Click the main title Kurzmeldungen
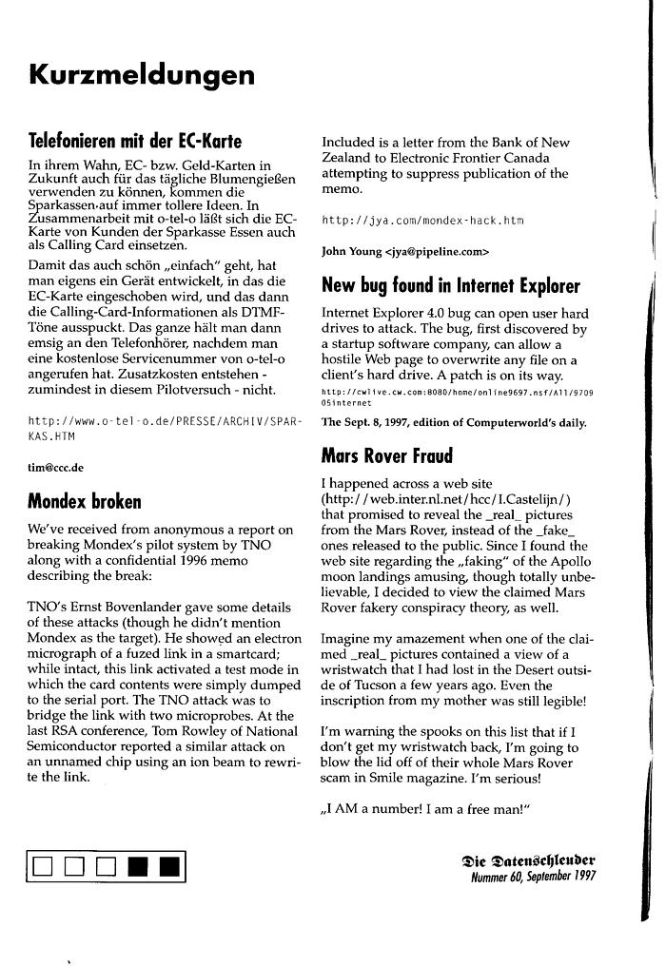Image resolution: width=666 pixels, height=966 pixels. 141,74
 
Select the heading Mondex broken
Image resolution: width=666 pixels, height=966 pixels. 85,500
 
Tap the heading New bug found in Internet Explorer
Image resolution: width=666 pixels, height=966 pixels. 450,285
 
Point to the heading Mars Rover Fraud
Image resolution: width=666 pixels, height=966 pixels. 387,455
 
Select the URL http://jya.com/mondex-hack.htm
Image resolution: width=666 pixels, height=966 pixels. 422,221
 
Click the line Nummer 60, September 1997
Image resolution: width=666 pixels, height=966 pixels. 533,878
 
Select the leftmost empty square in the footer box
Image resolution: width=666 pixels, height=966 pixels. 42,866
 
